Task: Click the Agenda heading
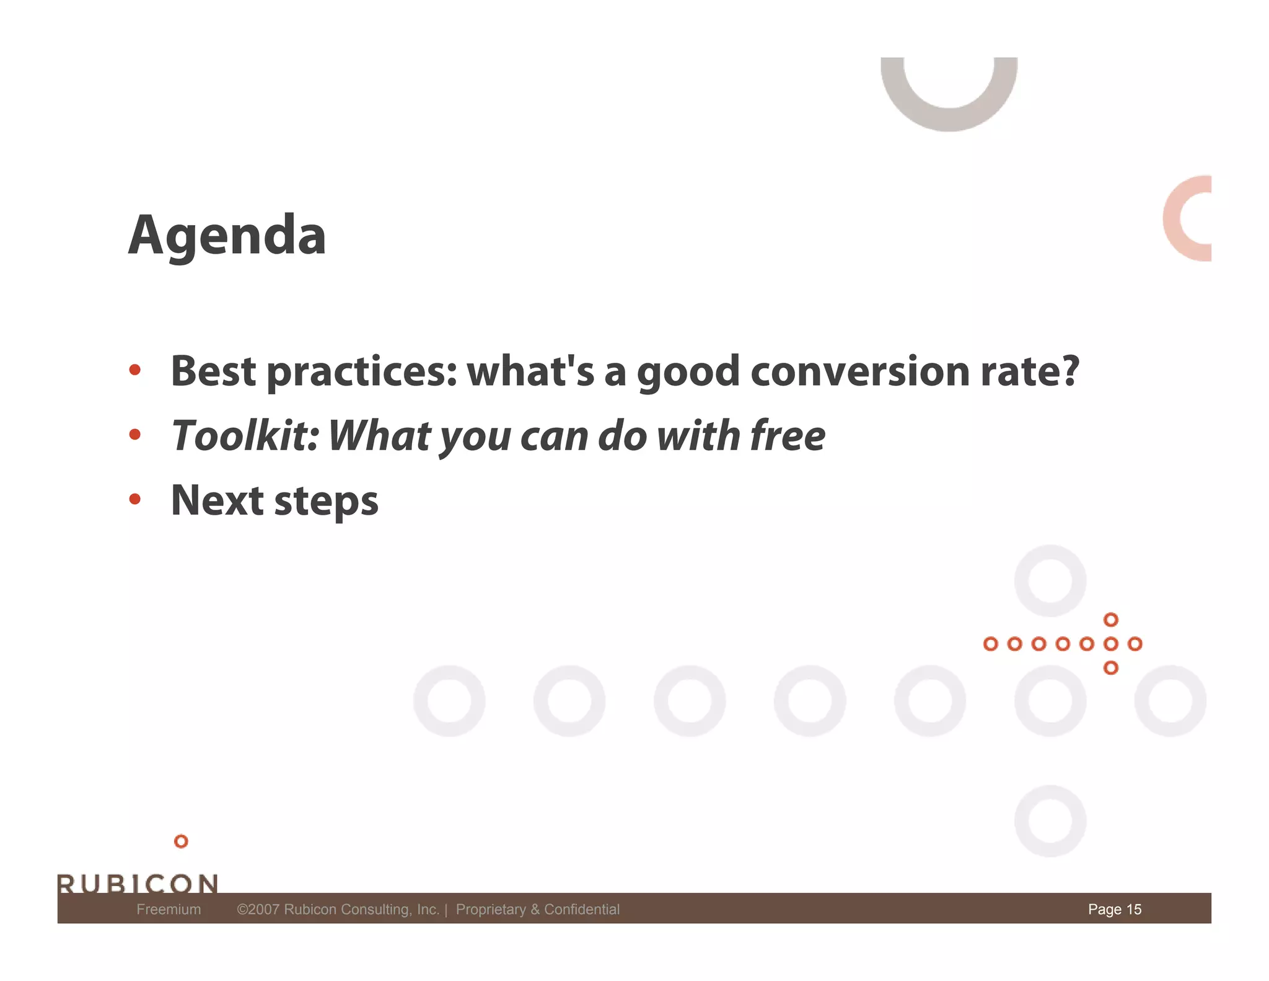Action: [x=227, y=236]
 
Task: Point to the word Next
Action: [x=217, y=500]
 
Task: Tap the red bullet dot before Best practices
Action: [x=135, y=370]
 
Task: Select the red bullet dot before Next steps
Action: [x=135, y=499]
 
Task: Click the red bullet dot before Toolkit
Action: [x=135, y=434]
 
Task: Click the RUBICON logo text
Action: [x=138, y=883]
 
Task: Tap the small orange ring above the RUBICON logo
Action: [x=181, y=841]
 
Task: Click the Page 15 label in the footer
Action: [x=1114, y=909]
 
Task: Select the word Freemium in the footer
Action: [x=169, y=909]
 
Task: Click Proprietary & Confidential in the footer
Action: [x=537, y=909]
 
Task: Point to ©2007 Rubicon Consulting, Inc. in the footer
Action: [x=338, y=909]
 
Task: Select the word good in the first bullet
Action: [x=688, y=372]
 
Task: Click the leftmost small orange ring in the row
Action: [x=990, y=644]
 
